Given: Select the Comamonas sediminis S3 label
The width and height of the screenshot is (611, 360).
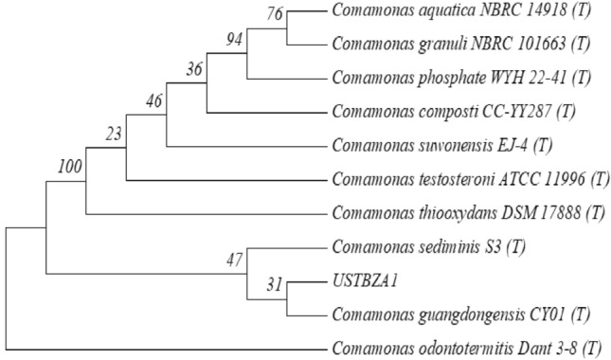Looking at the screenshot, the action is [x=416, y=247].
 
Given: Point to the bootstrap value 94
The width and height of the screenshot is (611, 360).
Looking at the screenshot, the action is [x=234, y=40].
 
